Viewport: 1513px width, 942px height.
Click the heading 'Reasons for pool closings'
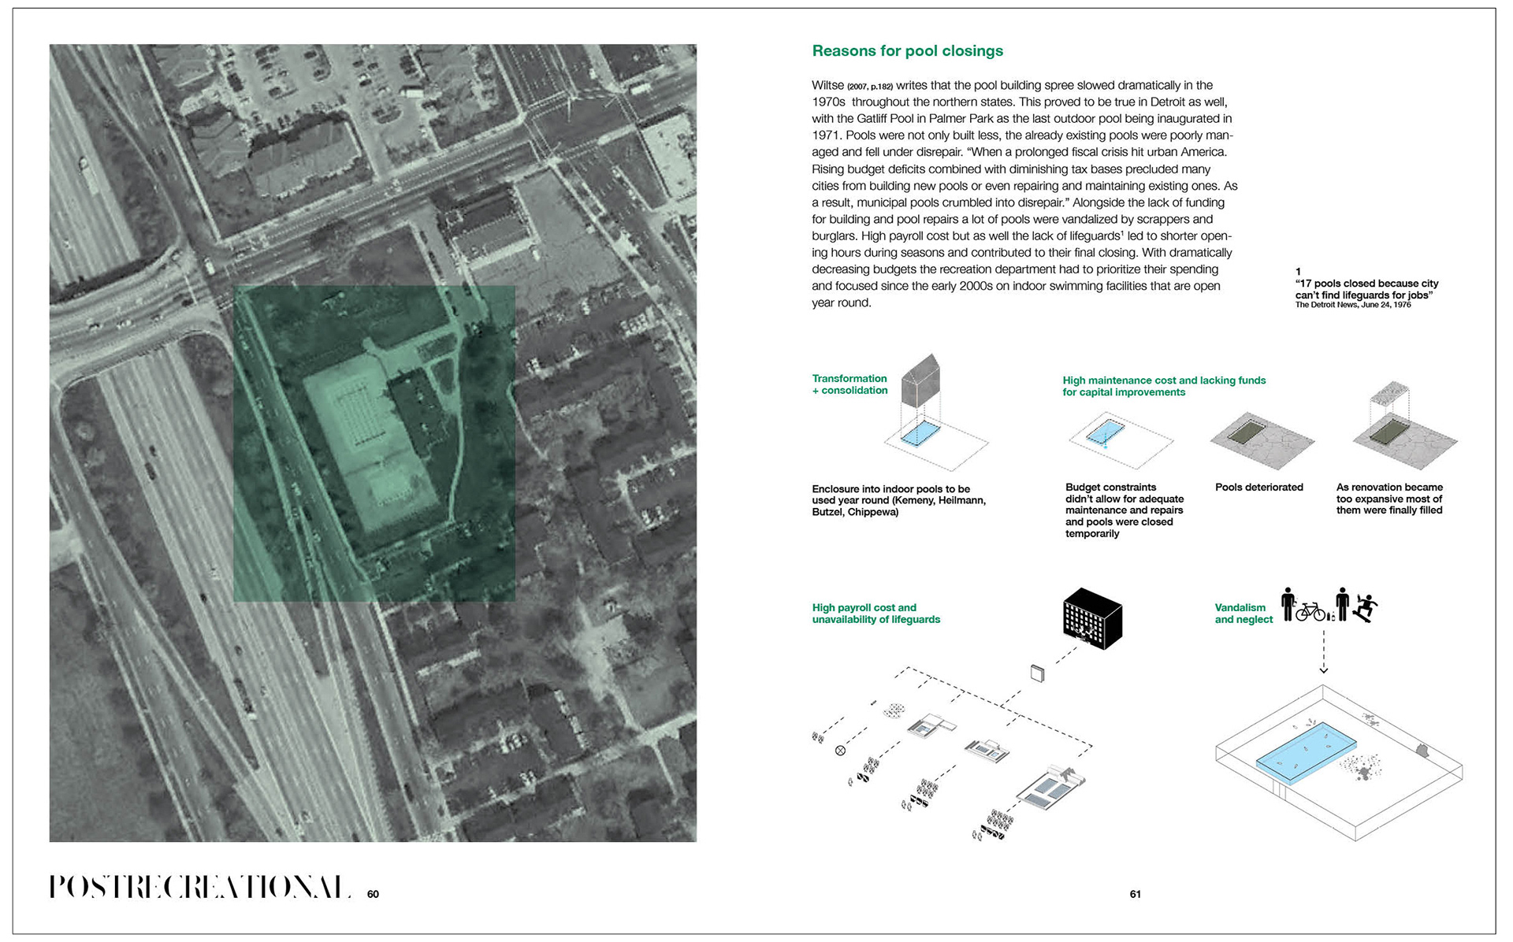pyautogui.click(x=907, y=51)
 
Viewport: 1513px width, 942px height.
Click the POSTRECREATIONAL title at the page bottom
pyautogui.click(x=200, y=887)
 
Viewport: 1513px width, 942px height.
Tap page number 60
pyautogui.click(x=373, y=894)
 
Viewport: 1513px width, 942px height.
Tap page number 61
pyautogui.click(x=1135, y=894)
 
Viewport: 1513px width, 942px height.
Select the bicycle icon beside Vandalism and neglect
pyautogui.click(x=1310, y=612)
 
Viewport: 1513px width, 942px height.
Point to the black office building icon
pyautogui.click(x=1092, y=618)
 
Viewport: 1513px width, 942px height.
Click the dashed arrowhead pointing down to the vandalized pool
pyautogui.click(x=1324, y=669)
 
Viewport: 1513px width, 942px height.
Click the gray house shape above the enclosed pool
pyautogui.click(x=921, y=378)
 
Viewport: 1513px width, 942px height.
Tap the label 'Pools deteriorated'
pyautogui.click(x=1258, y=488)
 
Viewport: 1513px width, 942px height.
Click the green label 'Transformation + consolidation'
pyautogui.click(x=849, y=384)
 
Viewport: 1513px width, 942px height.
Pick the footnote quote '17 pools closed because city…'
pyautogui.click(x=1366, y=289)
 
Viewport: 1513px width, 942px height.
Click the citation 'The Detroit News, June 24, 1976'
pyautogui.click(x=1353, y=305)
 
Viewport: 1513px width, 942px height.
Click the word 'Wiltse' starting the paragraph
pyautogui.click(x=827, y=85)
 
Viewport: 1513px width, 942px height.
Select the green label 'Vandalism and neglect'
pyautogui.click(x=1243, y=614)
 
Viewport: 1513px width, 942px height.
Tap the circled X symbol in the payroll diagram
pyautogui.click(x=840, y=751)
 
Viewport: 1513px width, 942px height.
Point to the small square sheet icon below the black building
pyautogui.click(x=1037, y=673)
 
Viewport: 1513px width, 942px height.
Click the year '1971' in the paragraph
pyautogui.click(x=827, y=135)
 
